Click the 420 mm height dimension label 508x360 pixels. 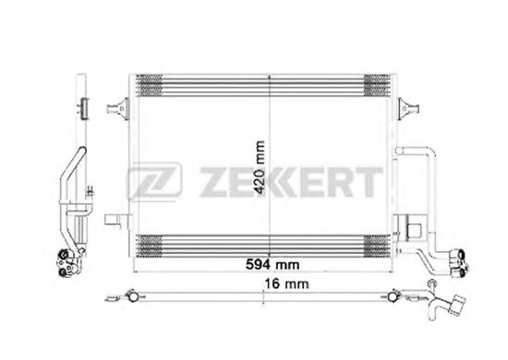[x=260, y=167]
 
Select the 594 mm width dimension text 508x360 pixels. [x=272, y=265]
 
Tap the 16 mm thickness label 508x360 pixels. [x=286, y=284]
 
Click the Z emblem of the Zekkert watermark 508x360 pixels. [x=154, y=180]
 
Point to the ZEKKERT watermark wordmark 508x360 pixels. [x=291, y=182]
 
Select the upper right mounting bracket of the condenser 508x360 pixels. [x=409, y=108]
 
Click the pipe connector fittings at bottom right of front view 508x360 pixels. [x=457, y=262]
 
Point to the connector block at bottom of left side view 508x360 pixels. [x=67, y=263]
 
